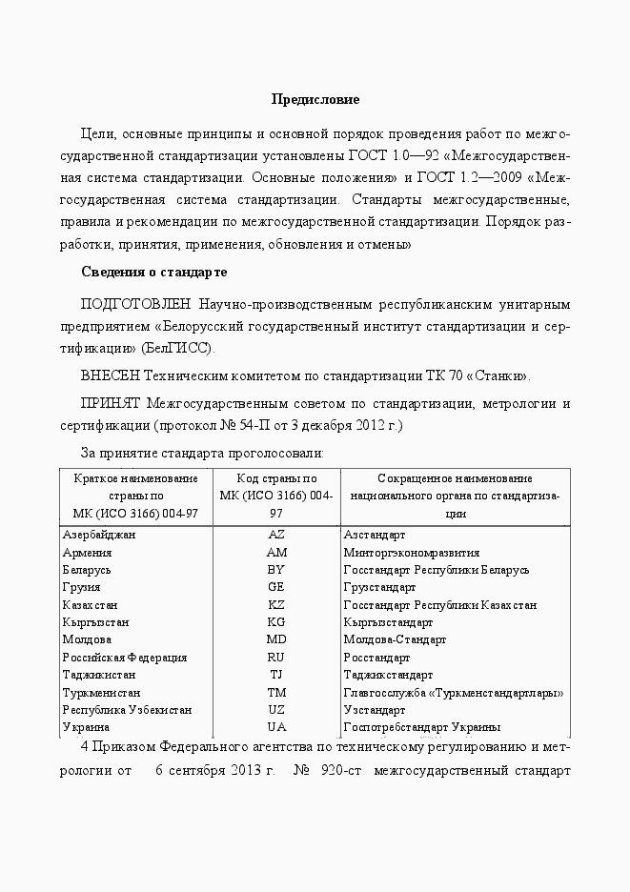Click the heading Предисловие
(315, 99)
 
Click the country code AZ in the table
(276, 535)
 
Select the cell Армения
(88, 552)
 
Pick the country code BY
(276, 570)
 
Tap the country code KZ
(276, 605)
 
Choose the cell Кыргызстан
(94, 622)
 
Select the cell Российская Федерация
(125, 658)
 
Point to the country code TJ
(276, 675)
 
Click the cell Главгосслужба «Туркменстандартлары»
(453, 692)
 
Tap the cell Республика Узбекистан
(127, 710)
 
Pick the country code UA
(276, 727)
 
